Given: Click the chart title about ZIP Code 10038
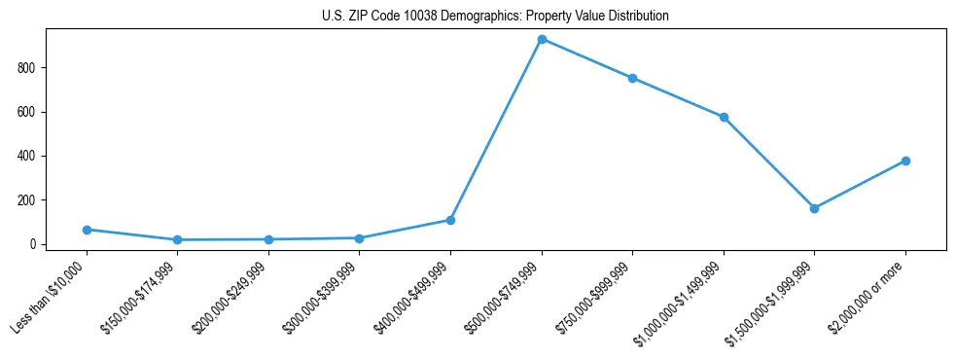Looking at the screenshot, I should pyautogui.click(x=495, y=17).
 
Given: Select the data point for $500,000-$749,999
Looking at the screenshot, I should pyautogui.click(x=542, y=39).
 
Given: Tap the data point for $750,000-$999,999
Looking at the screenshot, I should pyautogui.click(x=632, y=78).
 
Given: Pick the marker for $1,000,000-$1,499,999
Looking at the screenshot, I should pyautogui.click(x=724, y=117).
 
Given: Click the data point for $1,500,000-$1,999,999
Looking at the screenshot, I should pyautogui.click(x=814, y=208).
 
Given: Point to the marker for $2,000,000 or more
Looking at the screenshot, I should pyautogui.click(x=905, y=161).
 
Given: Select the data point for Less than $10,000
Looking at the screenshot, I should pyautogui.click(x=87, y=230).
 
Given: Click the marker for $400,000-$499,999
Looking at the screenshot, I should pyautogui.click(x=450, y=220).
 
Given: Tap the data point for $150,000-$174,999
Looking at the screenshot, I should pyautogui.click(x=177, y=239).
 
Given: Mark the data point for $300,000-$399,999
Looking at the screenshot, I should pyautogui.click(x=359, y=237).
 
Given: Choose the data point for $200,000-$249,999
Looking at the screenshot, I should pyautogui.click(x=268, y=239).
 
